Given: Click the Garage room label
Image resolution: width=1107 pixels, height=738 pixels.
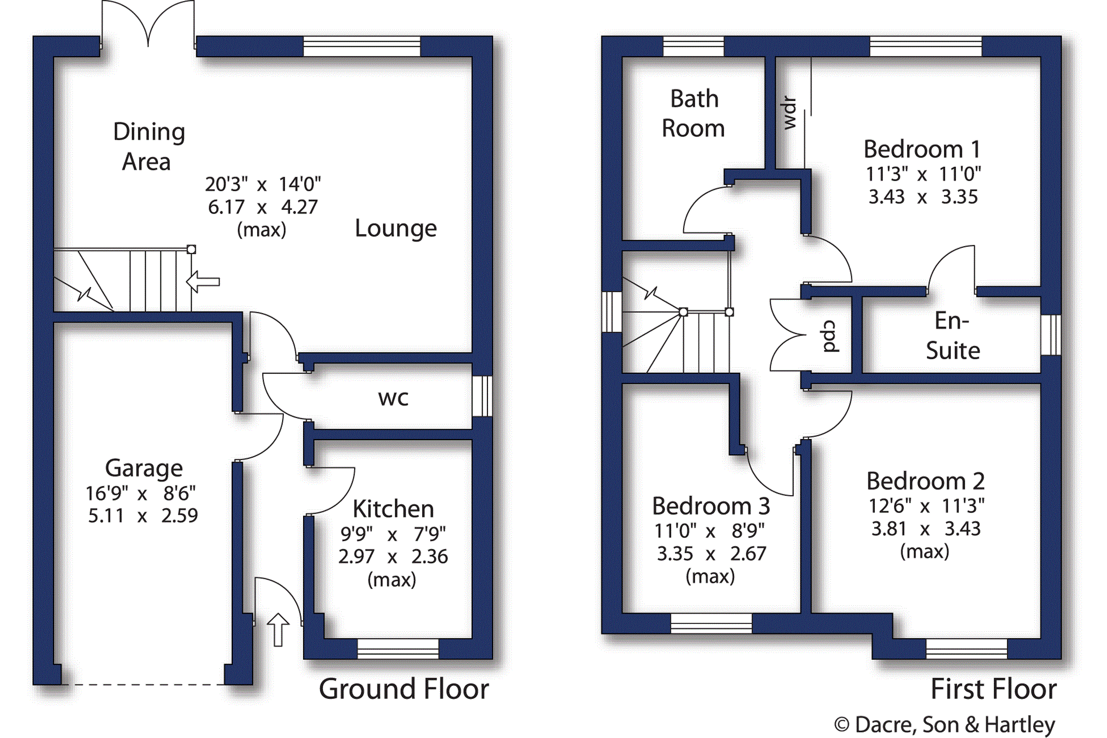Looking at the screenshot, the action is point(144,468).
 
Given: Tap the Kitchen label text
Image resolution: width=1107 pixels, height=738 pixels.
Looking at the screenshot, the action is point(393,509).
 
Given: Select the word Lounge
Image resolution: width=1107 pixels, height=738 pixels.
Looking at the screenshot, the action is point(396,229).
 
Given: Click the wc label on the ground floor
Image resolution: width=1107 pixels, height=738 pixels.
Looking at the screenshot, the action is point(393,398).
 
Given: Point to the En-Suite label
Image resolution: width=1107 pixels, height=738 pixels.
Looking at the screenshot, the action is point(953,335).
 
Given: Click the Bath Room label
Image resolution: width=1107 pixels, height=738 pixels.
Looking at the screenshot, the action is point(694,114).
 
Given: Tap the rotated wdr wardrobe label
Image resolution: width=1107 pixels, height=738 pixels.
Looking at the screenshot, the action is point(789,113).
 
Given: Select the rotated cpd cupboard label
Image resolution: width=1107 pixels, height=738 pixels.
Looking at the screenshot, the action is point(829,336).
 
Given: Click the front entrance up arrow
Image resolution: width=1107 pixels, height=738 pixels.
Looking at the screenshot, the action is point(278,630).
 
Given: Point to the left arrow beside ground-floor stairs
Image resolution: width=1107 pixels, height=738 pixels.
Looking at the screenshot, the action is point(203,282).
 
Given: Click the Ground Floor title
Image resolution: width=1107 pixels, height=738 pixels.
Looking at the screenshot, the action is point(404,689).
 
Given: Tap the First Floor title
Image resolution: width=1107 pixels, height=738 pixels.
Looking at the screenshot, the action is point(993,689).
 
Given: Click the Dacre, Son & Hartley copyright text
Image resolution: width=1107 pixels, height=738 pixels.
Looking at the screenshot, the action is point(945,725).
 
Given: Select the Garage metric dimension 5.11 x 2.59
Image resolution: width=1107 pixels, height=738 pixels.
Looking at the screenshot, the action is point(143,516).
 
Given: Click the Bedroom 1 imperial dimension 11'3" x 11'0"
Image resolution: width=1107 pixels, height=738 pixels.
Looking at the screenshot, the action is point(923,174).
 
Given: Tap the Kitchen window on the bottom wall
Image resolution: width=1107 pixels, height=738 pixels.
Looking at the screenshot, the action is point(398,649).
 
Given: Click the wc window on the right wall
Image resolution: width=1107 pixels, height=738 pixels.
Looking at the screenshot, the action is point(482,396).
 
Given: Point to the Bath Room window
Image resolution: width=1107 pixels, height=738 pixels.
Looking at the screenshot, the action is point(694,46).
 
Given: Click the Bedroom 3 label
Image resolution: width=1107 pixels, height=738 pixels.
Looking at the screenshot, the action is point(711,506).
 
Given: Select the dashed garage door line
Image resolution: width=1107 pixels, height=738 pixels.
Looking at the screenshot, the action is point(143,684).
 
